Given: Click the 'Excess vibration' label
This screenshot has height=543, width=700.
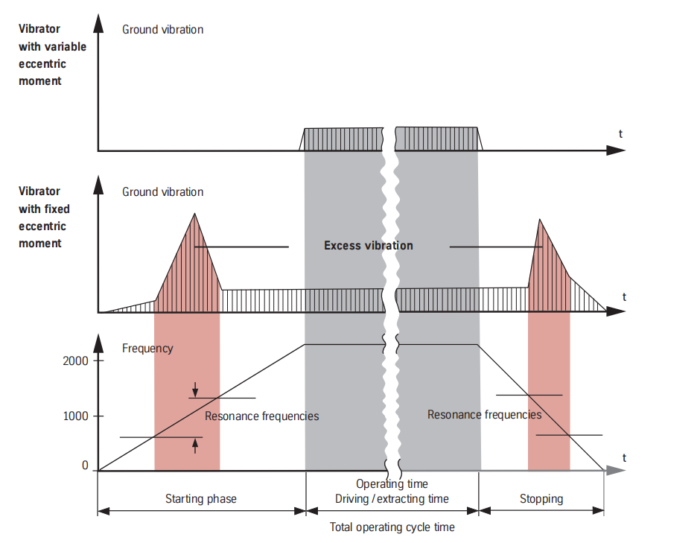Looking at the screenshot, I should point(368,246).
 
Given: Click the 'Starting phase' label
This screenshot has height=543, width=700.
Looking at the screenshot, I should point(200,498).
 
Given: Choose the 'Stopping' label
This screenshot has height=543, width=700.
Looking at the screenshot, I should point(541,498).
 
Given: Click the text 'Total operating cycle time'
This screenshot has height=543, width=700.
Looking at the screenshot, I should point(392,527).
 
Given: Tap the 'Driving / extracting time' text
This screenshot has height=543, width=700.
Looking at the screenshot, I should point(392,498).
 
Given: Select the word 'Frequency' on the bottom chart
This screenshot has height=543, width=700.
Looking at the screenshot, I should point(147,348).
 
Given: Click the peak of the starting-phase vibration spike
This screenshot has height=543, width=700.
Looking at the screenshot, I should point(195,215).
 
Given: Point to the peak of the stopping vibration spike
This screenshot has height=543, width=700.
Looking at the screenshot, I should point(540,220).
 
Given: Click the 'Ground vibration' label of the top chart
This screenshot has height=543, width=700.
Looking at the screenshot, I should point(162,30).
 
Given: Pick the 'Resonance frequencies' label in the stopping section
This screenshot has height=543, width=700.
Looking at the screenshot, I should point(484,414).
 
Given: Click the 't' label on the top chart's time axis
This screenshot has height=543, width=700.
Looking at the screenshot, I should point(620,134).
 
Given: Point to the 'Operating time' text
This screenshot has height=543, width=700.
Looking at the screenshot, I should point(392,484).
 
